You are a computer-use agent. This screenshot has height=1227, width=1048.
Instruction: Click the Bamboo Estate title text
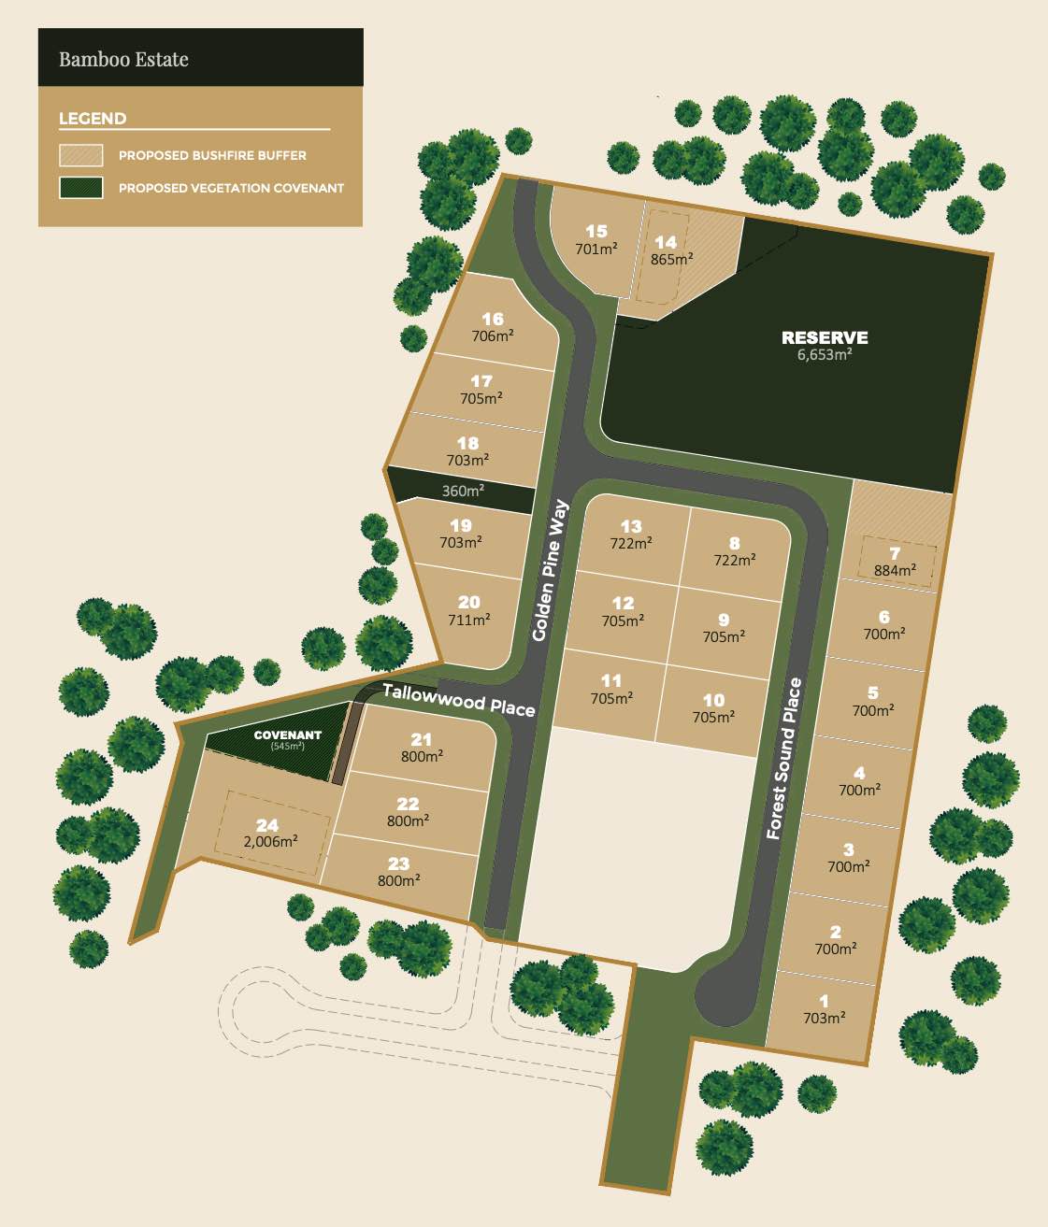[x=123, y=59]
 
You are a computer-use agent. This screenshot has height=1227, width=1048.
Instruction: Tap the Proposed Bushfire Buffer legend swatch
[x=80, y=155]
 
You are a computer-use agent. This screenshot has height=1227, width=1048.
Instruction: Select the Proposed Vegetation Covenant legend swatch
[x=80, y=187]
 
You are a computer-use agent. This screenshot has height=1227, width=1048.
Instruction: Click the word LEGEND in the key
[x=93, y=119]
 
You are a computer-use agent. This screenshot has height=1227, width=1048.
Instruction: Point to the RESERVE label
[x=825, y=337]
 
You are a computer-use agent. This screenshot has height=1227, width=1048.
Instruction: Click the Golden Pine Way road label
[x=550, y=570]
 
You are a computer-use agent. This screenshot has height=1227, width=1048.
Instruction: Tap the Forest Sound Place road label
[x=783, y=758]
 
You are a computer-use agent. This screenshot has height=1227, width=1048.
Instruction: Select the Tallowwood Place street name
[x=458, y=699]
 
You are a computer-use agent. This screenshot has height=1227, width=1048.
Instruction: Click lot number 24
[x=267, y=824]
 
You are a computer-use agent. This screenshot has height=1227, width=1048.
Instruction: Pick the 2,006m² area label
[x=270, y=841]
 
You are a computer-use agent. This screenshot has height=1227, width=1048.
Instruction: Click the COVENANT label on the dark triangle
[x=287, y=735]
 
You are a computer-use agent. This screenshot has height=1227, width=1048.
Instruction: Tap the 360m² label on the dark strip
[x=463, y=491]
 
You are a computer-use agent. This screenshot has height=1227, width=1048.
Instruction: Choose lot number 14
[x=665, y=242]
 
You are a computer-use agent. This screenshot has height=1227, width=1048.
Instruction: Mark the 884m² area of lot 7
[x=895, y=569]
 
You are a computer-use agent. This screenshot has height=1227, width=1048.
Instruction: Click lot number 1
[x=824, y=1001]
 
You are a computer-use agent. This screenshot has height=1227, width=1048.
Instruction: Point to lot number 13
[x=631, y=526]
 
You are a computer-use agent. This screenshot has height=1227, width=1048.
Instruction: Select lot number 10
[x=713, y=700]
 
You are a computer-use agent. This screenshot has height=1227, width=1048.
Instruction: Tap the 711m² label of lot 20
[x=468, y=619]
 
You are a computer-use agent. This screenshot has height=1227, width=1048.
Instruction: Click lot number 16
[x=493, y=319]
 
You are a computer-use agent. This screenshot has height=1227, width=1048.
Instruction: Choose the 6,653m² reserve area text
[x=825, y=355]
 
